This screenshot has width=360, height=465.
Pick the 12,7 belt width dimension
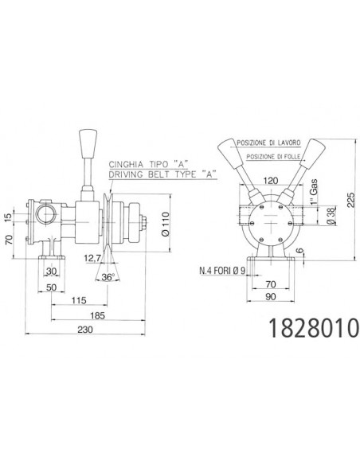[x=92, y=259]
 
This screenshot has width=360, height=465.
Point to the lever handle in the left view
[x=86, y=150]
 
